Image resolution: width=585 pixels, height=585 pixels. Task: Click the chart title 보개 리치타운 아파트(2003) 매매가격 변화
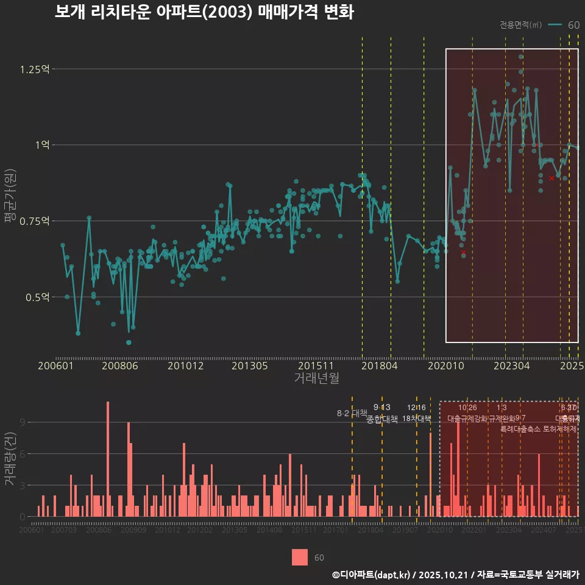coord(204,12)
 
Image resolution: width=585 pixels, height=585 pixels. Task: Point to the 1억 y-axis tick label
coord(41,145)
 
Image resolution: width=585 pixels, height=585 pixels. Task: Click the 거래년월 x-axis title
coord(316,378)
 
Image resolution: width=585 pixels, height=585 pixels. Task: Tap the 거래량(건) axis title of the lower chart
coord(10,459)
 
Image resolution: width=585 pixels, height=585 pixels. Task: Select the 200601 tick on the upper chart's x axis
coord(55,366)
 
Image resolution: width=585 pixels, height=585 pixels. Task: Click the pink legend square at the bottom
coord(300,558)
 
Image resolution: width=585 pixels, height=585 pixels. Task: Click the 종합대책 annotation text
coord(382,419)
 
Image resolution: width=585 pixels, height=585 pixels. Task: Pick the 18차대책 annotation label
coord(417,419)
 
